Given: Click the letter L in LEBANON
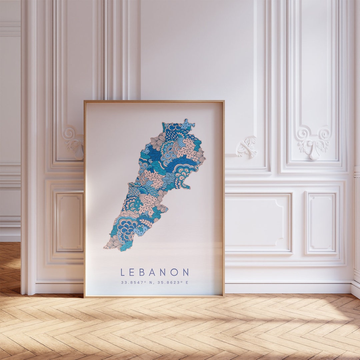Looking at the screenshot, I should tap(123, 272).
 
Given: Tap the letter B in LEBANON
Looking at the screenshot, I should tap(141, 272).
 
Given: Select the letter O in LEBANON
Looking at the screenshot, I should tap(174, 272).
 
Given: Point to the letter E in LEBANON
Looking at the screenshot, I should tap(132, 272).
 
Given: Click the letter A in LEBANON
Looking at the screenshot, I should tap(152, 272).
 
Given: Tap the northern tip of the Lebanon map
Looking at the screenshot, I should tap(187, 121).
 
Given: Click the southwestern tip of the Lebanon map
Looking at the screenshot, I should tap(105, 248).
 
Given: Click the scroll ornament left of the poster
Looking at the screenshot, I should tap(74, 142).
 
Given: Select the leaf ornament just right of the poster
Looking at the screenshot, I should tap(247, 146).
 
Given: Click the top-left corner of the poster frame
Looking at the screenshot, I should tap(84, 101).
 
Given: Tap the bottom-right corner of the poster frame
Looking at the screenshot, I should tap(224, 296).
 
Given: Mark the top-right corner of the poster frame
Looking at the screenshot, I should tap(224, 101).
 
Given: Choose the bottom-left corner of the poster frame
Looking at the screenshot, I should tap(84, 296).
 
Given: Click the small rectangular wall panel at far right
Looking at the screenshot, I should tap(321, 223).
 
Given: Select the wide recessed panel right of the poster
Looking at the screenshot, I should tap(258, 223).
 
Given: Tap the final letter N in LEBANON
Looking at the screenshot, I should tap(185, 272).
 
